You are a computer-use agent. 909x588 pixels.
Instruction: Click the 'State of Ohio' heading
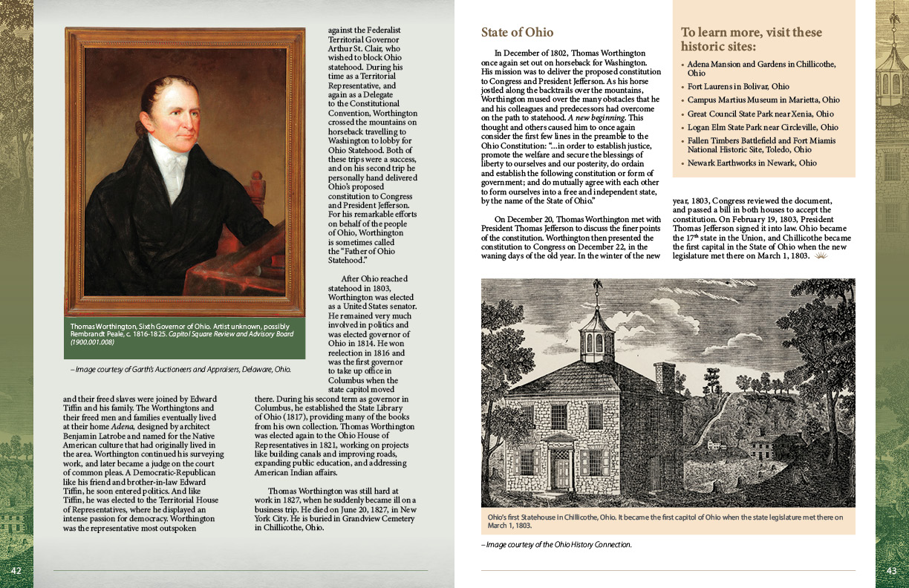pos(517,33)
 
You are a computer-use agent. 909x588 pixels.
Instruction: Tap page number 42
pos(16,570)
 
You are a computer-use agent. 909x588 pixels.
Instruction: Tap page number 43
pos(892,570)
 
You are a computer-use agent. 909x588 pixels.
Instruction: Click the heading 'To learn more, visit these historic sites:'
pos(751,39)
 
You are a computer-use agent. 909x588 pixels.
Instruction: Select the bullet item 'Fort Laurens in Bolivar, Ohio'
pos(738,87)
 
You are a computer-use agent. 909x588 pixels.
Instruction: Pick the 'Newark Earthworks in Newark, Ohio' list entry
pos(752,163)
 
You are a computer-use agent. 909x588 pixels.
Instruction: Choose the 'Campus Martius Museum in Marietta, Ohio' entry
pos(763,100)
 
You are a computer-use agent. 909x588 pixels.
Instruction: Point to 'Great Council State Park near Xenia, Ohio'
pos(760,114)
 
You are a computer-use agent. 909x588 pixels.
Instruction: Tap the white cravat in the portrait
pos(168,163)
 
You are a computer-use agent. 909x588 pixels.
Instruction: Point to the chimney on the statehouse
pos(665,377)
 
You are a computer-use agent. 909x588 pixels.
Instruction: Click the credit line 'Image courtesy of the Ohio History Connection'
pos(556,545)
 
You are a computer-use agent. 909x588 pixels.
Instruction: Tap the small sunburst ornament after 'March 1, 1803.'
pos(821,256)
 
